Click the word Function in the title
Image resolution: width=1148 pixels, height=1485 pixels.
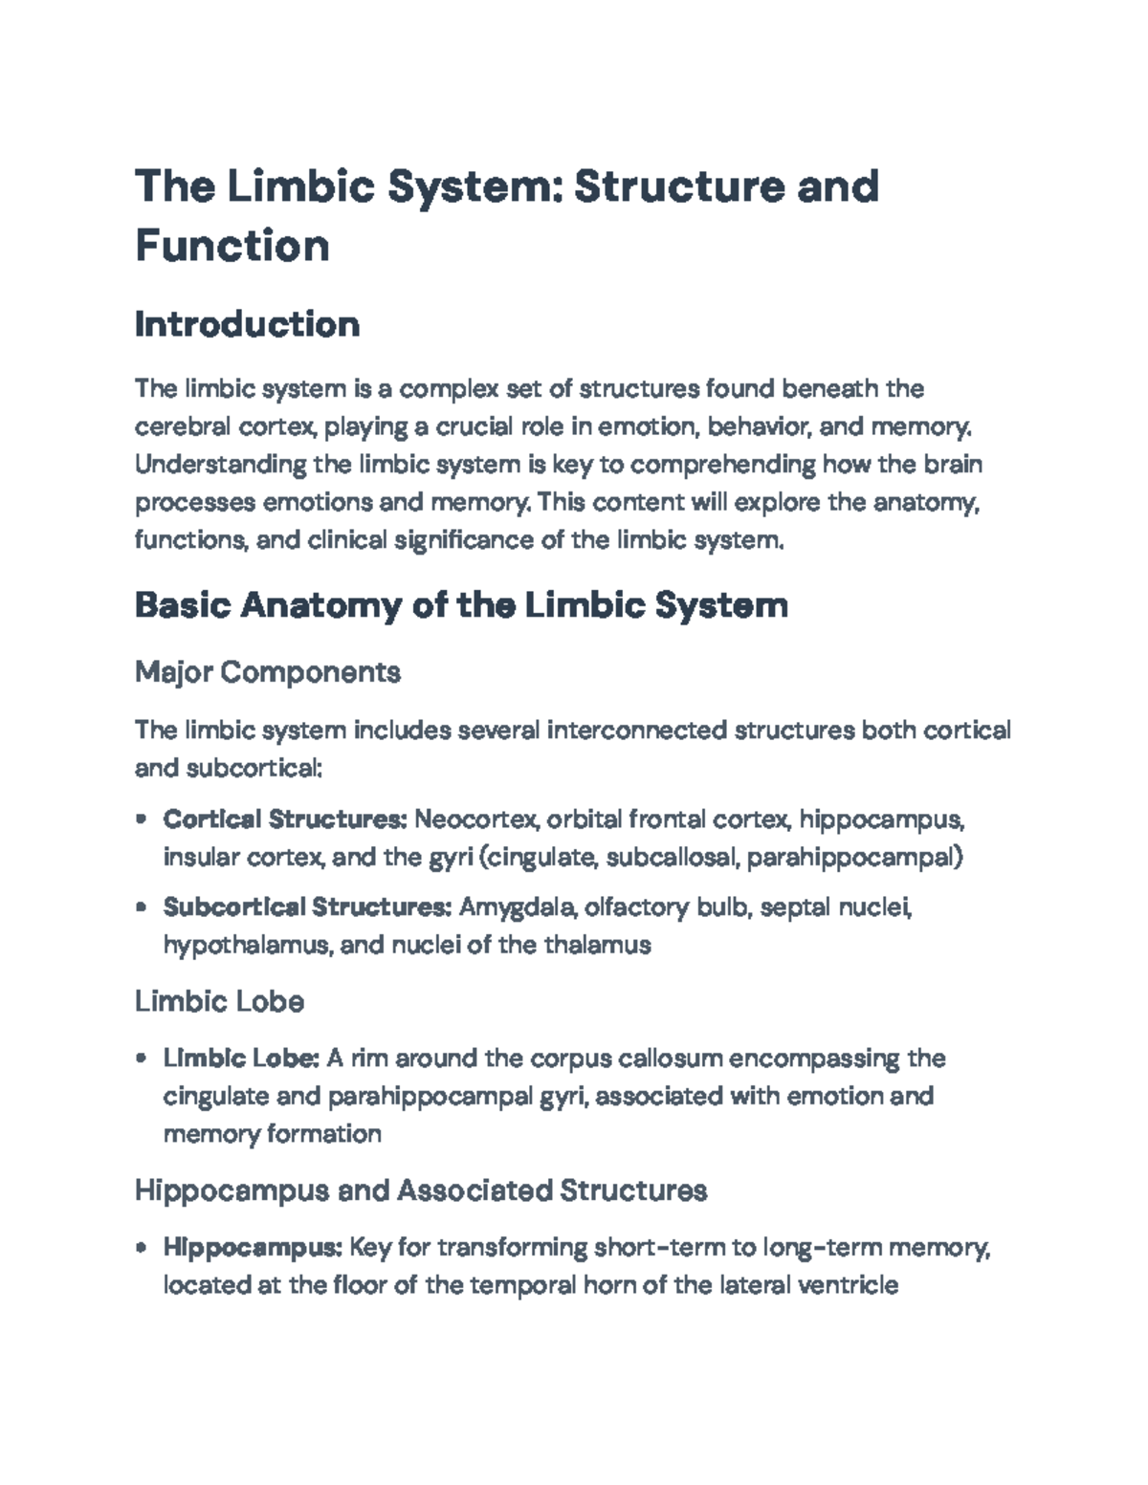pyautogui.click(x=232, y=245)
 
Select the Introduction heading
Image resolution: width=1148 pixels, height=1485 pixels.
pyautogui.click(x=247, y=324)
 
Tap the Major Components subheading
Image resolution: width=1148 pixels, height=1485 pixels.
pyautogui.click(x=268, y=672)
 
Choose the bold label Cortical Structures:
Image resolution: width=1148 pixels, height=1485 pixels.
pyautogui.click(x=285, y=819)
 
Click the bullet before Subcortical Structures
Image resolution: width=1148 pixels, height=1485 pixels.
pyautogui.click(x=142, y=906)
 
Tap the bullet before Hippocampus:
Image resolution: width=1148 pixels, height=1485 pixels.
pyautogui.click(x=142, y=1247)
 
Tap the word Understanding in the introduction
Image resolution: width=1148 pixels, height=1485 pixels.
pyautogui.click(x=221, y=465)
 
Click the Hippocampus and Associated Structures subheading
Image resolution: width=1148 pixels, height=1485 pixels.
pyautogui.click(x=421, y=1190)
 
